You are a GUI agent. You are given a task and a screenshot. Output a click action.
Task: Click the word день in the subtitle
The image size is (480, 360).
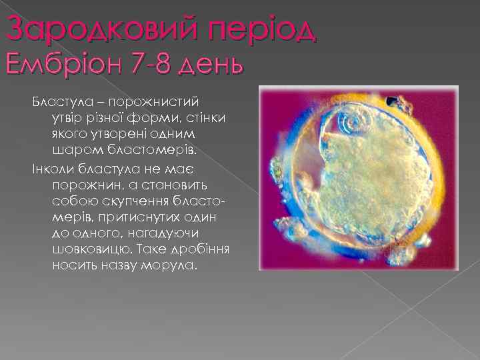click(x=213, y=67)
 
